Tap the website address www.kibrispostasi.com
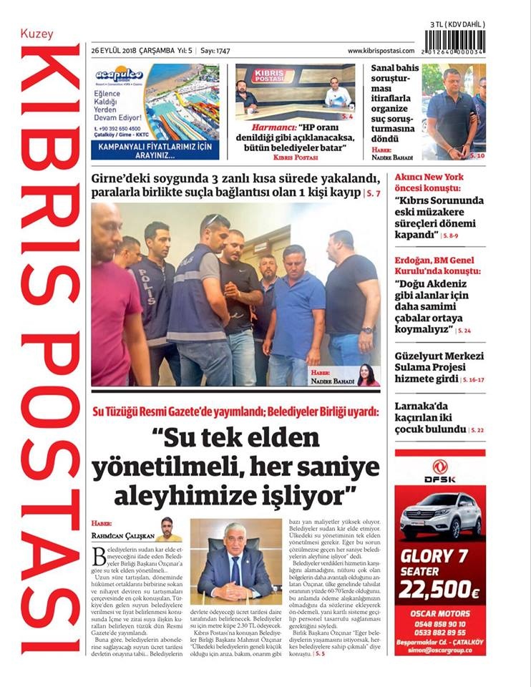click(x=381, y=51)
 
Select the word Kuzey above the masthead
click(x=36, y=34)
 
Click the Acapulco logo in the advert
click(x=119, y=74)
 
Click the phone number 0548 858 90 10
click(x=440, y=624)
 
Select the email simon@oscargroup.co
click(x=440, y=650)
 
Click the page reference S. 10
click(x=477, y=155)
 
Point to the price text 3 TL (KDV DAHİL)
click(x=457, y=24)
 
